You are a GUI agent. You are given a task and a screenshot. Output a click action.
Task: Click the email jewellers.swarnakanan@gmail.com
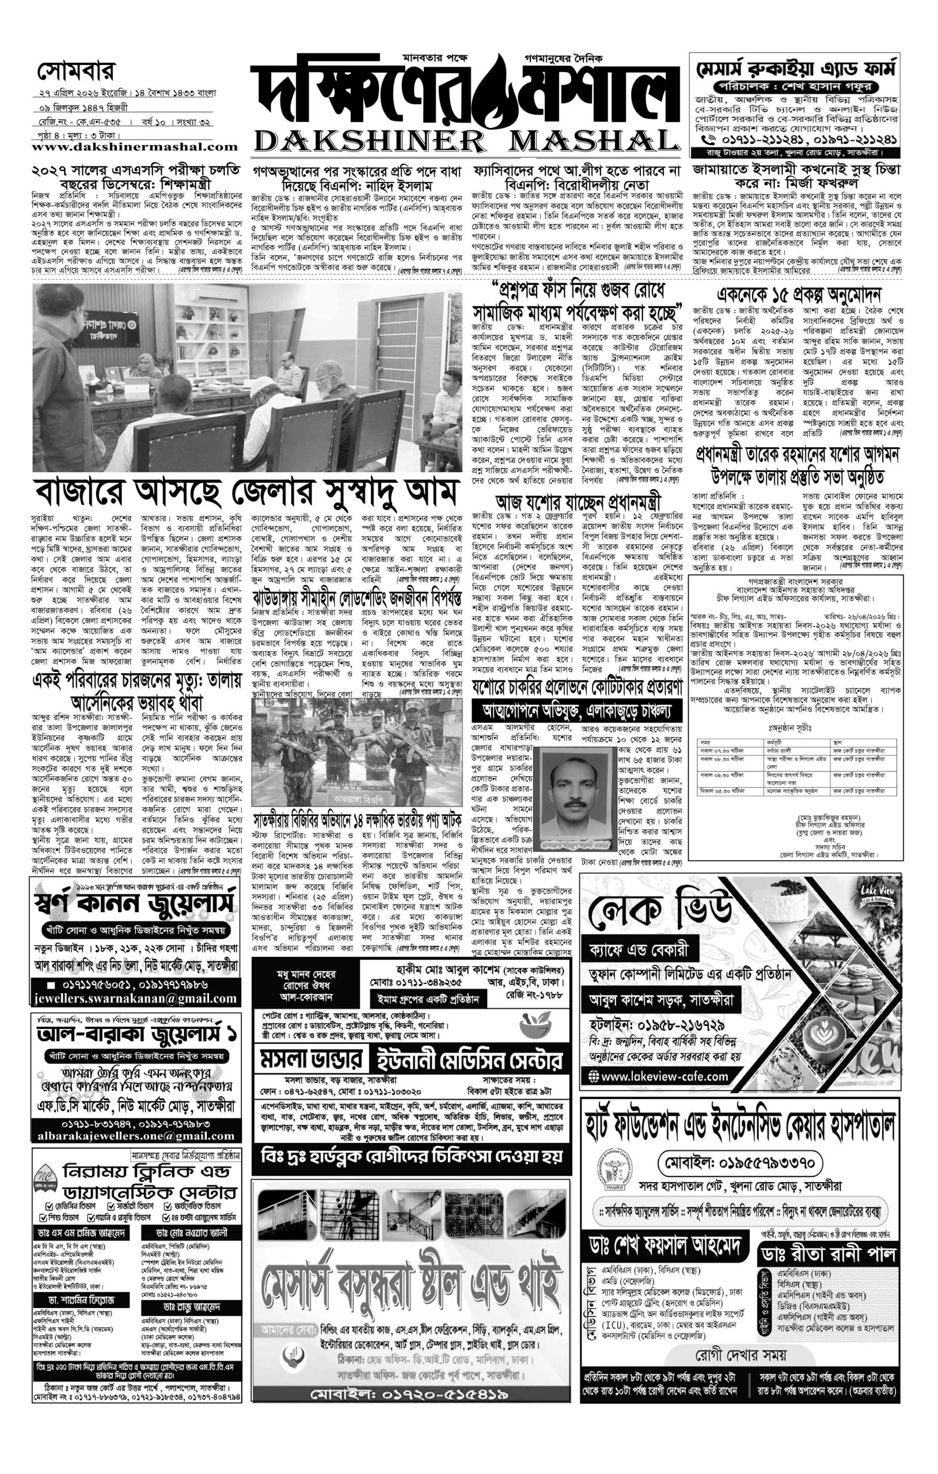tap(135, 998)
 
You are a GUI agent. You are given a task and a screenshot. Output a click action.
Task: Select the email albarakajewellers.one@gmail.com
tap(135, 1137)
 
